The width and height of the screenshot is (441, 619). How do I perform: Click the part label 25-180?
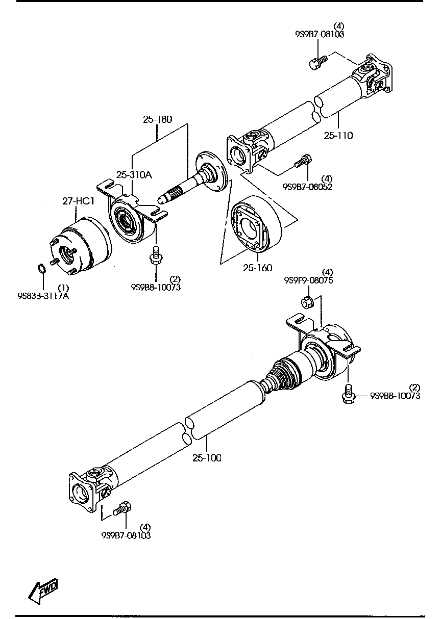pos(157,119)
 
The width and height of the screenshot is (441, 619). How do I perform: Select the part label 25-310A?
pos(134,175)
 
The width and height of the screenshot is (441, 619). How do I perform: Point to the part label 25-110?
pos(338,136)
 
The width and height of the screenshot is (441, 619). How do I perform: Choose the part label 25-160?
pos(258,268)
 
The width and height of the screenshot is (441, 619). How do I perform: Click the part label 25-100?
pos(207,458)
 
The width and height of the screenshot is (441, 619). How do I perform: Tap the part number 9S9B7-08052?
pos(307,187)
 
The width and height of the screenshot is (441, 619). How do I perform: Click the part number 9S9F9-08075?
pos(308,280)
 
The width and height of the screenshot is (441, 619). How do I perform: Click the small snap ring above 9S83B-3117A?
pos(43,268)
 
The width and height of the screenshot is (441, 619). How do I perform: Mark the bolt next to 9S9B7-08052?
pos(302,162)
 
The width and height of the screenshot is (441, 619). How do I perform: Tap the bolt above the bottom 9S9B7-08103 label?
pos(123,508)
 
